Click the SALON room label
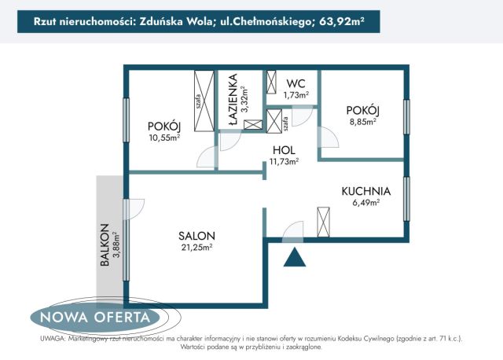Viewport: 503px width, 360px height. pos(196,236)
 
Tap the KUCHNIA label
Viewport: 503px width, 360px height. pos(365,191)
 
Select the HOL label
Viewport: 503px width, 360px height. pos(284,150)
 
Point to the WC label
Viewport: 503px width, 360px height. pos(296,83)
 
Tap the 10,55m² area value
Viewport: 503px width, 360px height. pos(163,138)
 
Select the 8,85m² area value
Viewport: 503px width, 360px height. pos(362,122)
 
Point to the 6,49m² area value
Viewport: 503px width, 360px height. pos(365,202)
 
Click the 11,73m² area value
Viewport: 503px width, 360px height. pos(284,162)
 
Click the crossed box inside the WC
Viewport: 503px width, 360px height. pos(272,83)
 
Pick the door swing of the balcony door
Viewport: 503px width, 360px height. pos(134,208)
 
